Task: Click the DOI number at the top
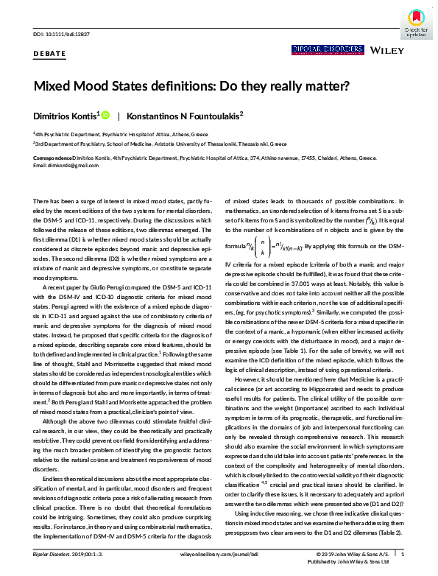point(60,35)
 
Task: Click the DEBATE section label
point(50,54)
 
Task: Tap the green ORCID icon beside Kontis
point(105,116)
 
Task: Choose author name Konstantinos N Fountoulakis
point(183,116)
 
